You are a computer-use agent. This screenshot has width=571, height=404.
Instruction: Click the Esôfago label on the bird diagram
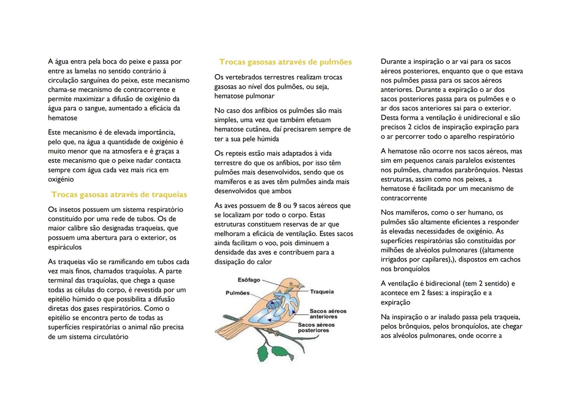point(249,280)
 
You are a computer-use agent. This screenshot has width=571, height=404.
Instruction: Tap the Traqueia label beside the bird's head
point(322,292)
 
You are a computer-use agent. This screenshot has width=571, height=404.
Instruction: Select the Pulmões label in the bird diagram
point(237,293)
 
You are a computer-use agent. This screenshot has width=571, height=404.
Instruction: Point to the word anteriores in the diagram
point(323,317)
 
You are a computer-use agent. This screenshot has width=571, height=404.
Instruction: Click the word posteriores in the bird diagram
point(313,331)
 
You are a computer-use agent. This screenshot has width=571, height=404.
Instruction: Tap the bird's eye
point(291,283)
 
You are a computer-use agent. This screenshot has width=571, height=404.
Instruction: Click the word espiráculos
point(65,247)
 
